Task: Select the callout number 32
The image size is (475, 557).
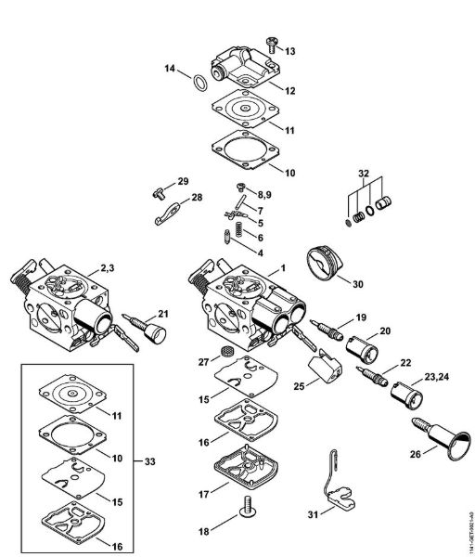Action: (x=363, y=173)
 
